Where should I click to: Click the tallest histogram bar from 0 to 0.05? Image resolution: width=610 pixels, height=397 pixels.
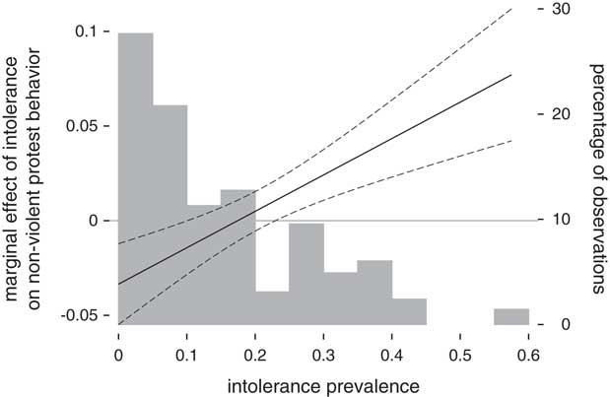[x=135, y=177]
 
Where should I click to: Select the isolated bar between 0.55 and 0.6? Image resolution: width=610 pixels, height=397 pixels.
[x=511, y=316]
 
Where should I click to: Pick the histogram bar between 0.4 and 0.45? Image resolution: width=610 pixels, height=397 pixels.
[x=409, y=311]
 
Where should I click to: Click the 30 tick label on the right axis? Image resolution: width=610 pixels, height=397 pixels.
[x=563, y=9]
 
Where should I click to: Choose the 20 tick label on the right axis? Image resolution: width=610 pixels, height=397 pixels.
[x=563, y=114]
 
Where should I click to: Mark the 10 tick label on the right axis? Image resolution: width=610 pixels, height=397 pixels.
[x=563, y=220]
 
